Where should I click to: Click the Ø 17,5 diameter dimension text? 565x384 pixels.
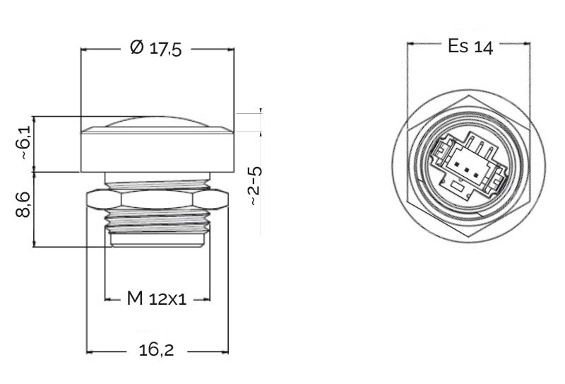(155, 48)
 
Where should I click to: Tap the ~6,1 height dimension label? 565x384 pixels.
(24, 144)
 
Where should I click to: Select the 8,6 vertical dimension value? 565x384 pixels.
(23, 204)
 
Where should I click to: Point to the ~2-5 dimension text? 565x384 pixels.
(254, 186)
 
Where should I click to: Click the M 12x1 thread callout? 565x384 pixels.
(157, 298)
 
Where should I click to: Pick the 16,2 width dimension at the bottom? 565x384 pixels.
(156, 350)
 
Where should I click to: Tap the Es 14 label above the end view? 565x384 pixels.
(470, 46)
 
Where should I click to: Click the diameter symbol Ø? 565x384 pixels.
(136, 47)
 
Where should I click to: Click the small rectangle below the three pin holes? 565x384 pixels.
(458, 187)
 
